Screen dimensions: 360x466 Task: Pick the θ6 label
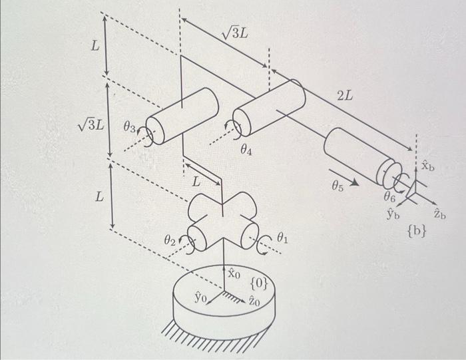coord(390,196)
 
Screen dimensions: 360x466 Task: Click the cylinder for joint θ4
coord(268,106)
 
